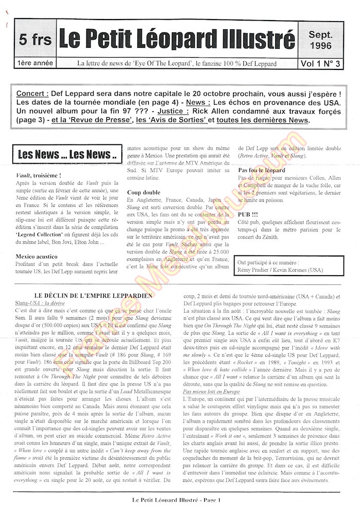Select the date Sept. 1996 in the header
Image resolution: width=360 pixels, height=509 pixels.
tap(320, 40)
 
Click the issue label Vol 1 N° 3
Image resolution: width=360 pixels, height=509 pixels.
tap(323, 64)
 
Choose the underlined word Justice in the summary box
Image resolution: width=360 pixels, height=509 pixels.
tap(174, 111)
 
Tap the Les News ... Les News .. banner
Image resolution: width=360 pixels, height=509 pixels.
tap(67, 154)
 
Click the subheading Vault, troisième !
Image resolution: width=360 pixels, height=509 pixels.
tap(39, 175)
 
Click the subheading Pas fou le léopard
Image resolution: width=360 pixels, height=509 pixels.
tap(261, 170)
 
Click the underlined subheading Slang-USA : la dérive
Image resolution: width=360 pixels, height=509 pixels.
tap(41, 303)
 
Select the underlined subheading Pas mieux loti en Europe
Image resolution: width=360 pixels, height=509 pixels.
tap(211, 392)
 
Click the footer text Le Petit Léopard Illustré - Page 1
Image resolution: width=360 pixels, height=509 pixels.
tap(176, 500)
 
